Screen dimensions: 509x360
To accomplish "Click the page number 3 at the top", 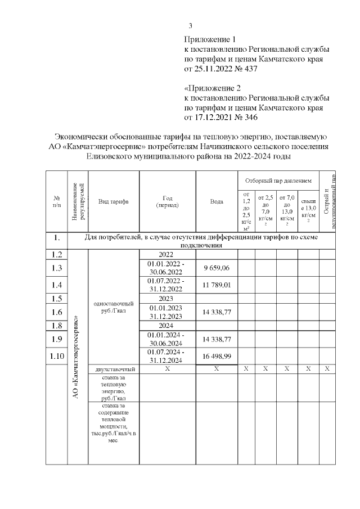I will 190,25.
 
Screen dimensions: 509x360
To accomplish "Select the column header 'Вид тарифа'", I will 114,202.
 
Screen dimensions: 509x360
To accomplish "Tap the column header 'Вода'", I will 217,202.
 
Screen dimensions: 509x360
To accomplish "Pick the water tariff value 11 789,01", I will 217,285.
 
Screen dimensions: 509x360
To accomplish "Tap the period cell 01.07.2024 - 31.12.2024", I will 166,357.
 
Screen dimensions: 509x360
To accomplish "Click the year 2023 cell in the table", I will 166,298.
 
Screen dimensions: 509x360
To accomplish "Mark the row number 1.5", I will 56,298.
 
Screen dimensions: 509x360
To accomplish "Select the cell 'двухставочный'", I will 114,370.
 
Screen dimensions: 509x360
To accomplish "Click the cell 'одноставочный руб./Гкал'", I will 114,308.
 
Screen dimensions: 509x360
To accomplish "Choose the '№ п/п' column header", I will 56,202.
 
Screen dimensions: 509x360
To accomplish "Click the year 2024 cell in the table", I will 166,325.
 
